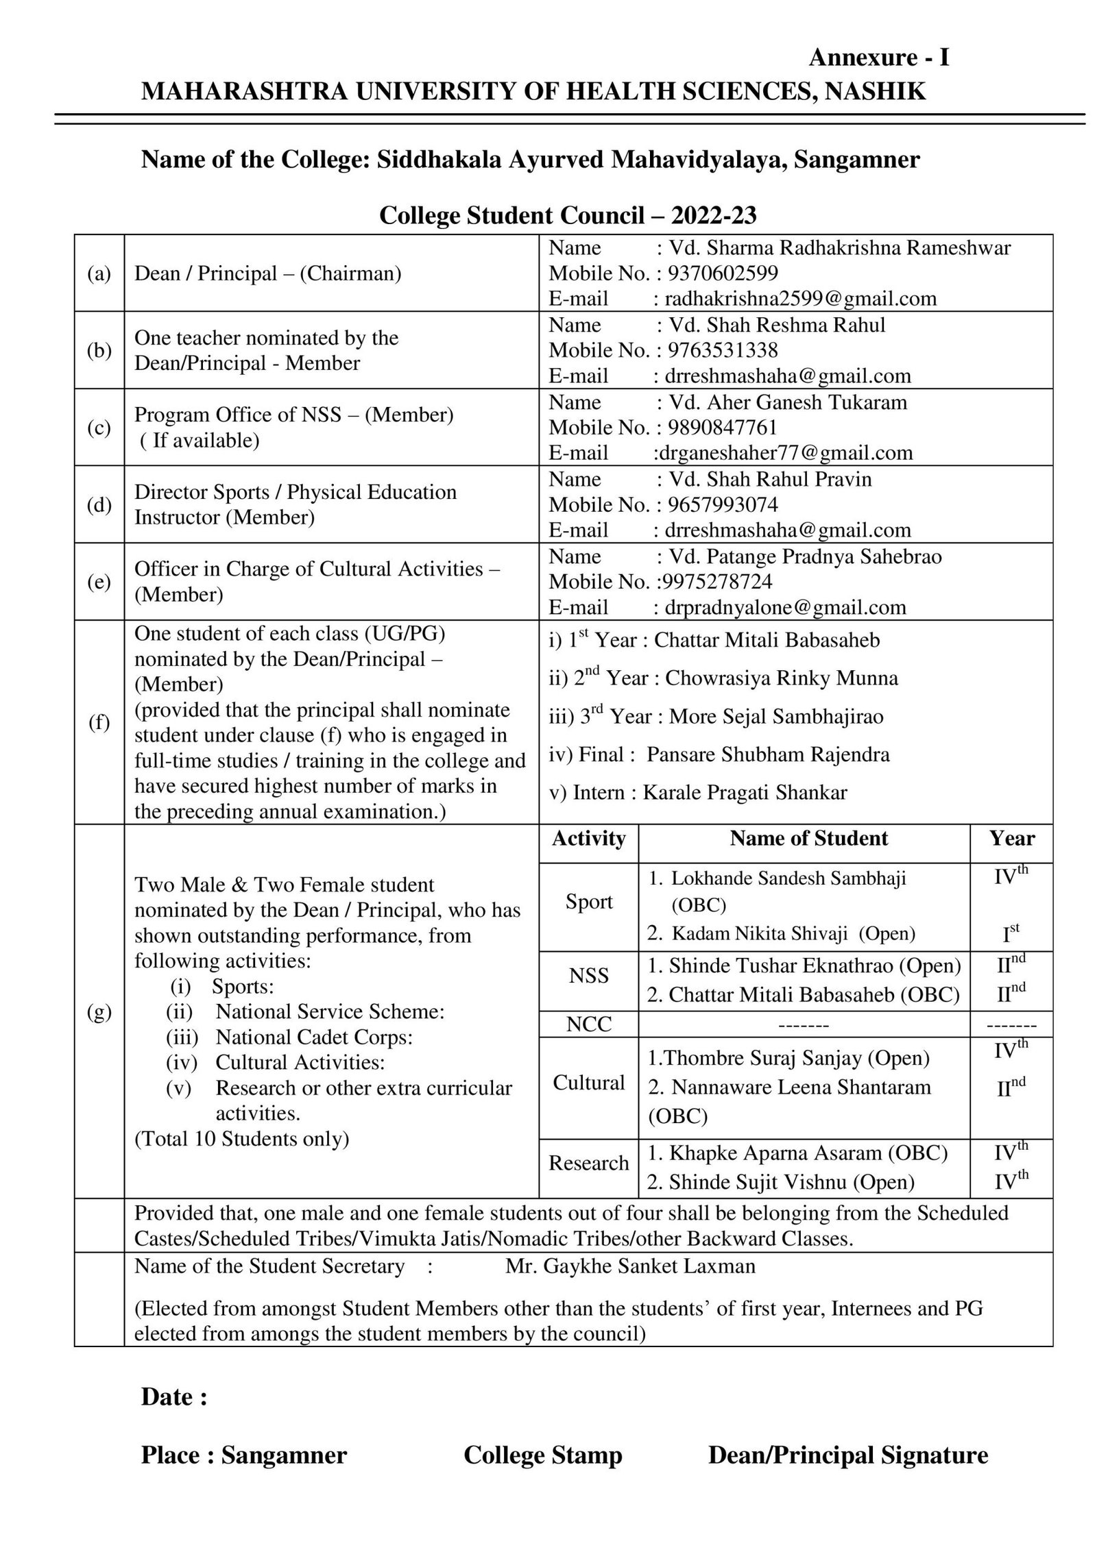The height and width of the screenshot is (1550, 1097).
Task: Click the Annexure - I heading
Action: point(878,58)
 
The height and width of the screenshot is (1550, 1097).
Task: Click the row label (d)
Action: point(99,505)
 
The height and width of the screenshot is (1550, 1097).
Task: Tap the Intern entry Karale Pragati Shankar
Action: point(745,793)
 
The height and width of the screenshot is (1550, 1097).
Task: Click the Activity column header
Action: point(588,839)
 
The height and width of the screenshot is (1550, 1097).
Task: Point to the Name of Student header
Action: point(808,838)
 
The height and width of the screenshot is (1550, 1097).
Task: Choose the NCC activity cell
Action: point(588,1024)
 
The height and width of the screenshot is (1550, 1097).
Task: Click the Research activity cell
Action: point(588,1163)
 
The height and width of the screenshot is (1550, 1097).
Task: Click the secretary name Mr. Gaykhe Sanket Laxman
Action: point(630,1266)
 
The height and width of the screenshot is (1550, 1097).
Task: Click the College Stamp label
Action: point(542,1455)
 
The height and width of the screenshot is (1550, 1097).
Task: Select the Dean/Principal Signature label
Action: point(847,1455)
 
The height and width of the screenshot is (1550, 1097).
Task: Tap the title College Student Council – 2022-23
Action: point(568,216)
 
